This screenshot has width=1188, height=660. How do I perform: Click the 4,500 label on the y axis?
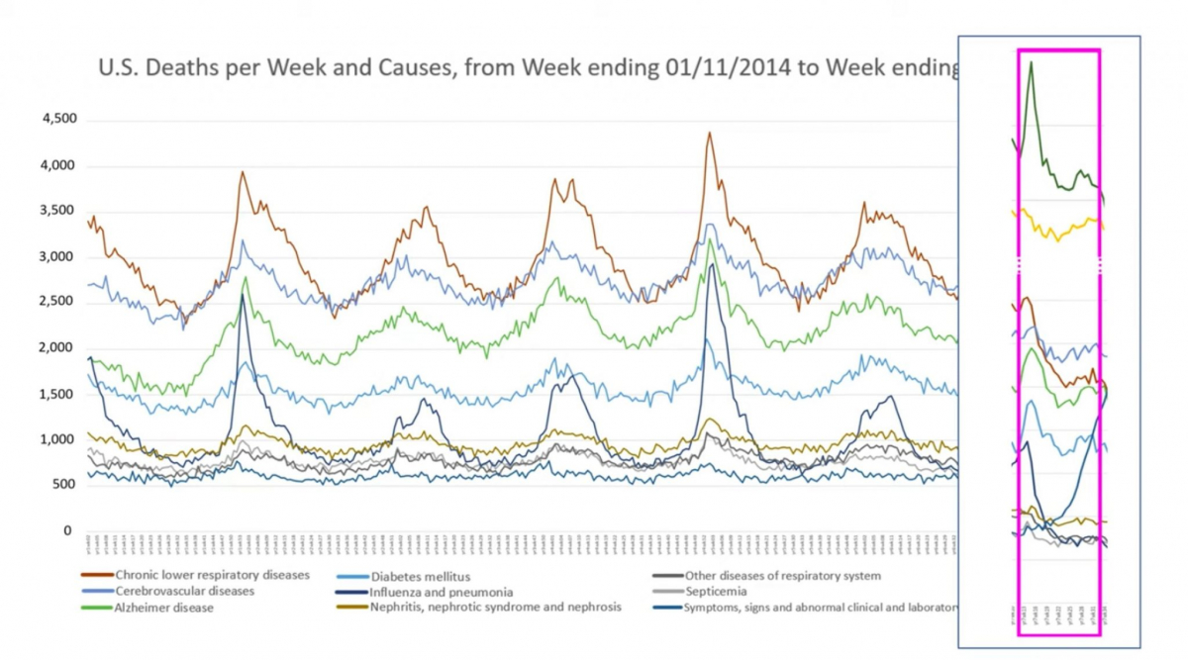pos(58,120)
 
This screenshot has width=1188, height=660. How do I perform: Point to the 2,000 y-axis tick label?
pos(58,348)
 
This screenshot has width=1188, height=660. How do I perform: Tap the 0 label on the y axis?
pos(67,531)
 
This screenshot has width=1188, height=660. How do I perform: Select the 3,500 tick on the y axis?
pos(58,211)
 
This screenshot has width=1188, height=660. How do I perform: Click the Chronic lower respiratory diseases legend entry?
pos(212,575)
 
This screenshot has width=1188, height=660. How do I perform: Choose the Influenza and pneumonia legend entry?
pos(442,592)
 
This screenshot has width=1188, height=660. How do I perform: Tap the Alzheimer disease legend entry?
pos(163,608)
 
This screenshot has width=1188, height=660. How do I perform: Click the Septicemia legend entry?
pos(726,591)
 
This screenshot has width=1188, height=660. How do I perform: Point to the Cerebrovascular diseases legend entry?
pos(184,591)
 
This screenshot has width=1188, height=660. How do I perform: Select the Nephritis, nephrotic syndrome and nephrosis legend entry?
pos(496,607)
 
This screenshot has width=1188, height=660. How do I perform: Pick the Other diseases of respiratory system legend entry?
pos(782,575)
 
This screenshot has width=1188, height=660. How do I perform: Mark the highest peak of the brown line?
pos(709,132)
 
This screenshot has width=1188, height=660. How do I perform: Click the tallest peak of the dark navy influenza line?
pos(710,265)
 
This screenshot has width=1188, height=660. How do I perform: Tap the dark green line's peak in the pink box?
pos(1032,62)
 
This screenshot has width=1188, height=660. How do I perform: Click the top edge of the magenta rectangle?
pos(1059,49)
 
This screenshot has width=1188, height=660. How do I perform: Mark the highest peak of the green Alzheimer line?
pos(710,238)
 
